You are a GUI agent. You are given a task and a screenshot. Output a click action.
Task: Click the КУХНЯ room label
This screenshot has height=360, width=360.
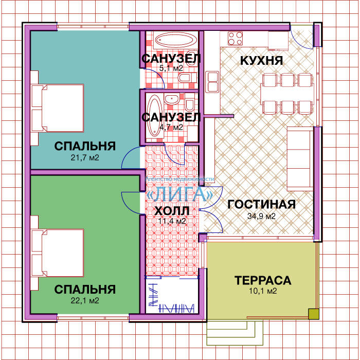(261, 60)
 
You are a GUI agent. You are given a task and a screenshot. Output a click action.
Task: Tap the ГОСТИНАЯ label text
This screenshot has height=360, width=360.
(261, 204)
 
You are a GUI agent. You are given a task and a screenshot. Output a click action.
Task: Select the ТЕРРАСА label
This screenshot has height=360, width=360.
(263, 280)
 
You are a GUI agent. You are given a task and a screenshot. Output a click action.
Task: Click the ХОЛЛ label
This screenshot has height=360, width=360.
(172, 211)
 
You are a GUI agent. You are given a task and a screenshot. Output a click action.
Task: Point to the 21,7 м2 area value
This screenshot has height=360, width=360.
(85, 158)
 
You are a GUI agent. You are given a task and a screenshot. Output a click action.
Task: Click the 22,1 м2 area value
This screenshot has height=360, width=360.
(85, 300)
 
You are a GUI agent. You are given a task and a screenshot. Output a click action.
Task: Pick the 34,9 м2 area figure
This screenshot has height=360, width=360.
(261, 216)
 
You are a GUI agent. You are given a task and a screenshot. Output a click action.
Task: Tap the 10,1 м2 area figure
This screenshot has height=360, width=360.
(263, 291)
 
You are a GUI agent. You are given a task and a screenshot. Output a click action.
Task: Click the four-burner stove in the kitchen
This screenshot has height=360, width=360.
(235, 38)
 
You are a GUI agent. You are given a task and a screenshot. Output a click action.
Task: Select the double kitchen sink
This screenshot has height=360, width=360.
(212, 81)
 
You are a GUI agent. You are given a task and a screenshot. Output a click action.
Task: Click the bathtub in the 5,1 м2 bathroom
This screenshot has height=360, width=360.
(175, 40)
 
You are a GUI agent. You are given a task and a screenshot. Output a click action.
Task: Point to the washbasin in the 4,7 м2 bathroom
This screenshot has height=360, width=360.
(172, 99)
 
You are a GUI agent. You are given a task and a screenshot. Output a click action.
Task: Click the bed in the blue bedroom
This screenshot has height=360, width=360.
(58, 108)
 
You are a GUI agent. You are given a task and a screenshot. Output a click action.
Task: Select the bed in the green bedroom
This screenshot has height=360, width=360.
(58, 253)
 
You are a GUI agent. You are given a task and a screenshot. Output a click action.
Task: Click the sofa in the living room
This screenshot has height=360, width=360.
(300, 158)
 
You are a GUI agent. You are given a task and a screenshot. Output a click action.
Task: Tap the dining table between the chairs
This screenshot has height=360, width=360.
(287, 94)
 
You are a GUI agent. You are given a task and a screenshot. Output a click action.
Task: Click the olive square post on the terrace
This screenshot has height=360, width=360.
(314, 314)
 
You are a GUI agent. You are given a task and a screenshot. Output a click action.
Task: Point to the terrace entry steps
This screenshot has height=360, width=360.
(235, 333)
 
